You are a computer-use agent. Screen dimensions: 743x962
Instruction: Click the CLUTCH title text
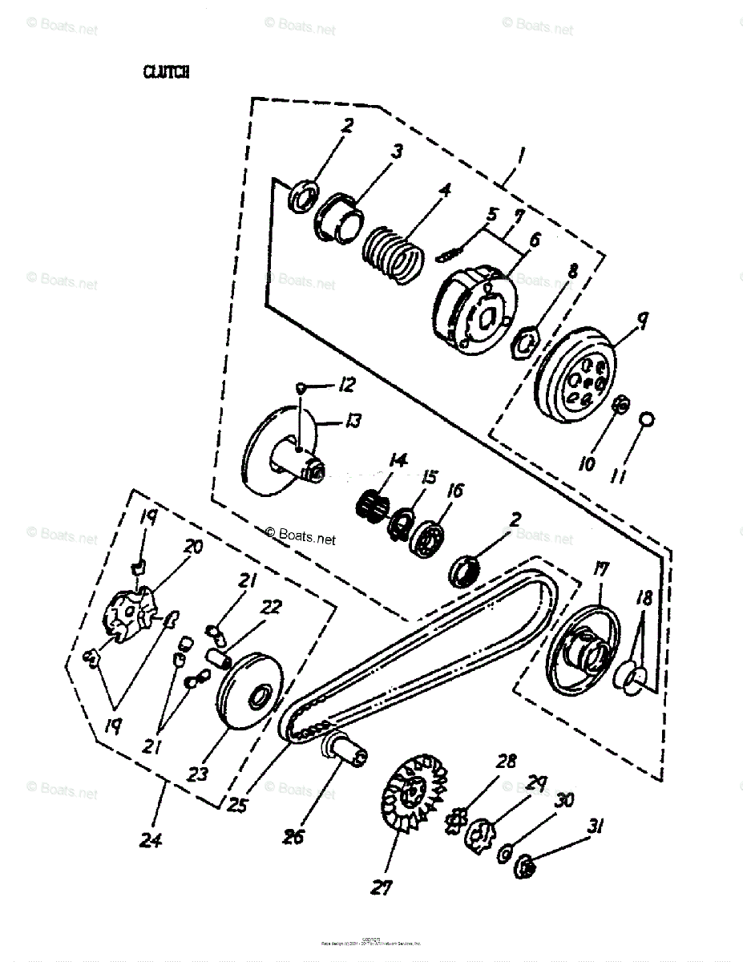click(166, 72)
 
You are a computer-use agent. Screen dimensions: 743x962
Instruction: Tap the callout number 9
click(641, 321)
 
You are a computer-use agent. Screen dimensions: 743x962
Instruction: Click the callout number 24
click(150, 840)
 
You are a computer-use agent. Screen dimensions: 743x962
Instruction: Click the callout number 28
click(506, 761)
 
